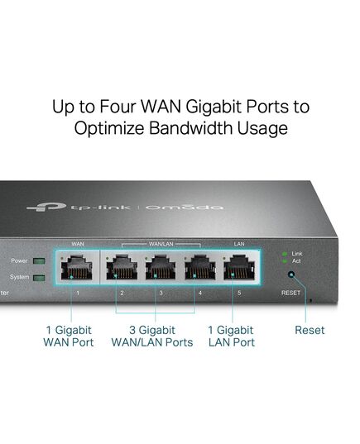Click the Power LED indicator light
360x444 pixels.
tap(39, 260)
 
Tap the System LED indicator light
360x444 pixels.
tap(39, 278)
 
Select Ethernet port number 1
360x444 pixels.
tap(76, 267)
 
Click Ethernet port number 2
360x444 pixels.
tap(122, 267)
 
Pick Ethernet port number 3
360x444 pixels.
tap(161, 267)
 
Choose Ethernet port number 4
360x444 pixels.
tap(199, 267)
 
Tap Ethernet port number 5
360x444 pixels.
tap(239, 267)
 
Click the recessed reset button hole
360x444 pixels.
tap(290, 275)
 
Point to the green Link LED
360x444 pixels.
tap(285, 254)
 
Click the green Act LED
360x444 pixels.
tap(285, 261)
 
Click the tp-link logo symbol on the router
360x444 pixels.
tap(47, 207)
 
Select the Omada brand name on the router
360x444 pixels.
tap(185, 208)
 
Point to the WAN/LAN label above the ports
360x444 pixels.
tap(161, 244)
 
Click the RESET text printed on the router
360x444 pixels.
tap(290, 293)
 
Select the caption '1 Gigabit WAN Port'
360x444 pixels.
tap(69, 337)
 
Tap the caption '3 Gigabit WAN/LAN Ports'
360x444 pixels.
tap(152, 337)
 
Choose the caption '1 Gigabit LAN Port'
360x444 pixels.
tap(231, 337)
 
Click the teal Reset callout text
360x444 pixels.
tap(310, 330)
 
